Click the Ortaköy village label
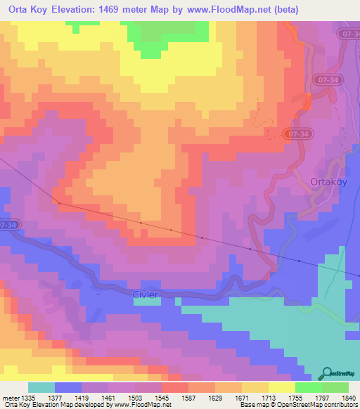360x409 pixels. (x=328, y=181)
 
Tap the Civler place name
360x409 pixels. (x=146, y=294)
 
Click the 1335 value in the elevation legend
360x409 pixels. (x=23, y=398)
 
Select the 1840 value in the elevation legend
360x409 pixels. (x=348, y=398)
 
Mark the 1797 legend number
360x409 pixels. (x=319, y=398)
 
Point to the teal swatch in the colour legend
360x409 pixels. (x=41, y=388)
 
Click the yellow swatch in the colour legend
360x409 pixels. (x=281, y=388)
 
